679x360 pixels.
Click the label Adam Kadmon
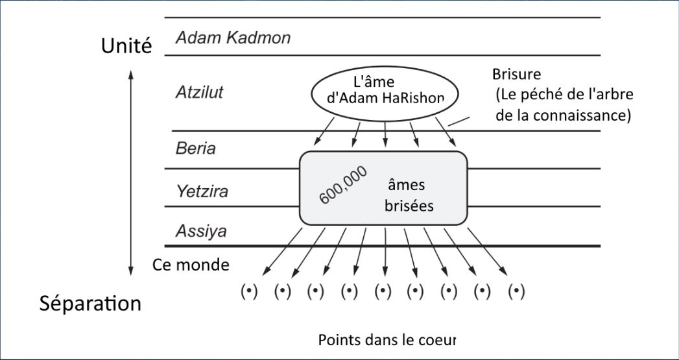pyautogui.click(x=233, y=38)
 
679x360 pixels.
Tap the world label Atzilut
pyautogui.click(x=199, y=92)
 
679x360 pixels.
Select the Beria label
pyautogui.click(x=195, y=149)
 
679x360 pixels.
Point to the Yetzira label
pyautogui.click(x=202, y=191)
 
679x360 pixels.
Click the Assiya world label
pyautogui.click(x=200, y=231)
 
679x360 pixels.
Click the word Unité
pyautogui.click(x=126, y=46)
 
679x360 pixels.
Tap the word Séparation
pyautogui.click(x=90, y=303)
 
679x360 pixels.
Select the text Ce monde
pyautogui.click(x=191, y=265)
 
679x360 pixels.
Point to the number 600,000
pyautogui.click(x=344, y=185)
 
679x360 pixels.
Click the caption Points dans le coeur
pyautogui.click(x=387, y=339)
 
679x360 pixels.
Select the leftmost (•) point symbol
pyautogui.click(x=250, y=291)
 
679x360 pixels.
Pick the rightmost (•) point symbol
pyautogui.click(x=516, y=291)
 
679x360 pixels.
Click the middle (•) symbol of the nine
pyautogui.click(x=383, y=291)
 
